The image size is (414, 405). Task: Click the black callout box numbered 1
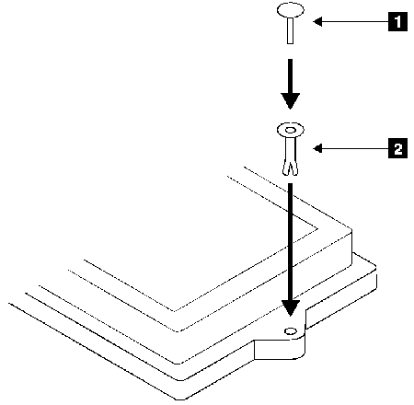tap(397, 21)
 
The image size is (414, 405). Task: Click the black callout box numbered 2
tap(397, 148)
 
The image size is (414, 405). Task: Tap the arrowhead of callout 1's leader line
tap(317, 22)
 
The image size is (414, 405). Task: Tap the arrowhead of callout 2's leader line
tap(317, 148)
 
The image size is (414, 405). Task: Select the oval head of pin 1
tap(291, 9)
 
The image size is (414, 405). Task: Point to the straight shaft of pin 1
tap(290, 30)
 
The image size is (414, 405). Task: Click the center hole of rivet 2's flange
tap(290, 130)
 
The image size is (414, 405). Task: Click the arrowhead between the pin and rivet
tap(290, 101)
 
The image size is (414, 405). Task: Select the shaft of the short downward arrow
tap(290, 76)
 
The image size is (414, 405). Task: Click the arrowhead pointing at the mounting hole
tap(290, 308)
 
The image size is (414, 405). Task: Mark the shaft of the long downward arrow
tap(290, 242)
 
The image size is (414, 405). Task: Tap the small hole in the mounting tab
tap(291, 331)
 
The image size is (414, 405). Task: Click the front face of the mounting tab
tap(279, 349)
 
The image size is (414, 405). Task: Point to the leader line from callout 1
tap(355, 22)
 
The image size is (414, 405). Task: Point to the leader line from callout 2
tap(355, 148)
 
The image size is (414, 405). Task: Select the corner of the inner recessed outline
tap(317, 228)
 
